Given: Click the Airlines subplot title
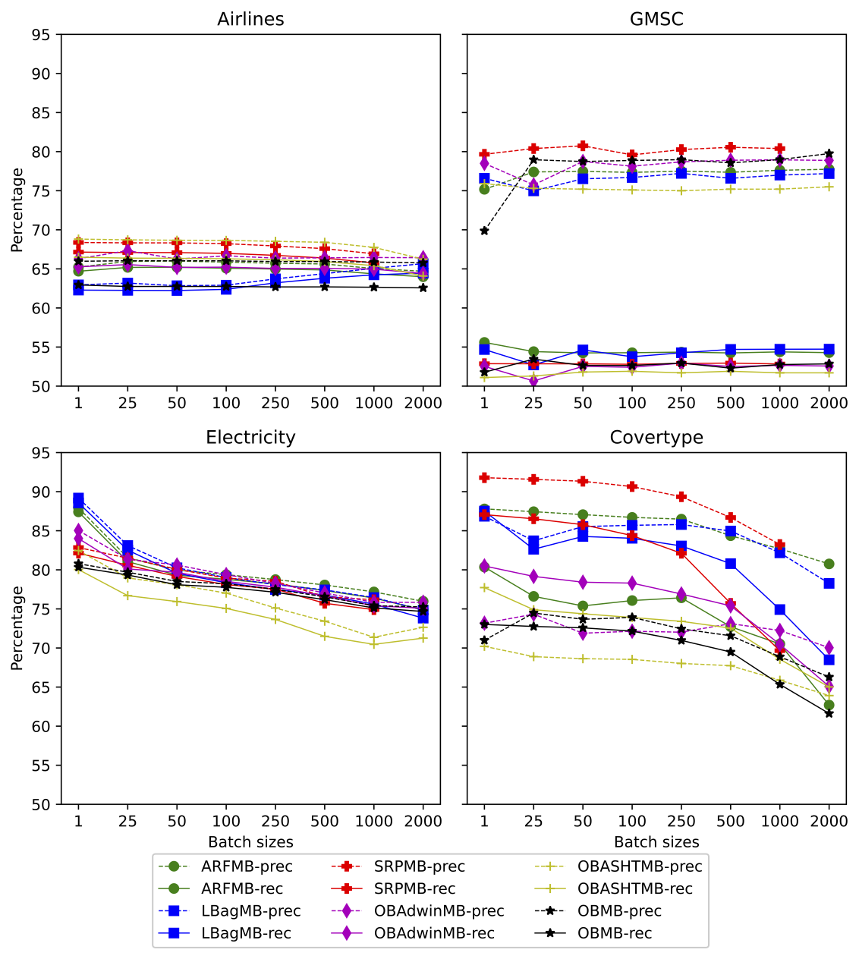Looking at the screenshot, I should (x=250, y=19).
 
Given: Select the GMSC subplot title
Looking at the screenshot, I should (x=656, y=19).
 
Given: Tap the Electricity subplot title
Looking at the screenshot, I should (x=250, y=438).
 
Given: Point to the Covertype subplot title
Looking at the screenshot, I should (x=656, y=438).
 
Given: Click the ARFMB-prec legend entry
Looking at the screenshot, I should (x=247, y=866).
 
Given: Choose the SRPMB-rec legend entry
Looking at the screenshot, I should (x=414, y=888).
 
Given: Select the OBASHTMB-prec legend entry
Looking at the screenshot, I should (x=639, y=866).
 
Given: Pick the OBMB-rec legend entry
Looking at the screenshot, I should (x=615, y=933).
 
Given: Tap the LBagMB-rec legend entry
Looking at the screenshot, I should (x=246, y=933).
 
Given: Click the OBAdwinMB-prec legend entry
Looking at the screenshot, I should (x=439, y=911).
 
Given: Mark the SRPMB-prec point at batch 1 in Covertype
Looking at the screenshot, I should (x=484, y=478).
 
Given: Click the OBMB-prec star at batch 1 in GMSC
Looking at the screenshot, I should (x=484, y=231).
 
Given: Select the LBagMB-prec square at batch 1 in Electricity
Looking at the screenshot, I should (x=78, y=499).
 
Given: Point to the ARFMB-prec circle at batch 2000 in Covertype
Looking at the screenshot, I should (x=829, y=564).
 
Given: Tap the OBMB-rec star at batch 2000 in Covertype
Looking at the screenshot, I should (x=829, y=713).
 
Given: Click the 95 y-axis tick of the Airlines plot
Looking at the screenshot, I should (x=41, y=35).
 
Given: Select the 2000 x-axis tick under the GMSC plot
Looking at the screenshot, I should (x=829, y=403).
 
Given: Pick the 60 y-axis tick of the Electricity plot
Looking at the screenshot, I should (x=41, y=727).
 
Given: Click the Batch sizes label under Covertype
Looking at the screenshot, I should (x=656, y=842).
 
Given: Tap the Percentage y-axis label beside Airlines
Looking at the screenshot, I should (x=17, y=210).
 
